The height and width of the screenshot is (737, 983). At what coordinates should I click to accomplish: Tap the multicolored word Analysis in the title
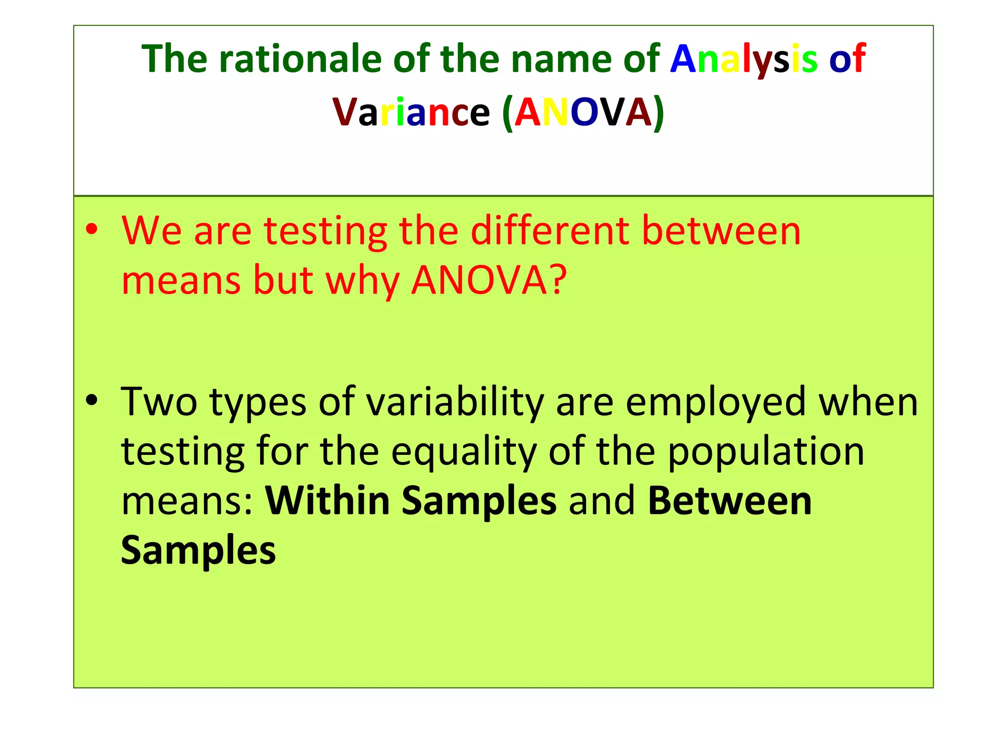pos(743,59)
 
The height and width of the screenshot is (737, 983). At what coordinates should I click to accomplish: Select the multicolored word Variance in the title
pos(411,112)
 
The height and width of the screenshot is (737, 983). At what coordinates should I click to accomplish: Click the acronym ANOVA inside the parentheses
pos(583,112)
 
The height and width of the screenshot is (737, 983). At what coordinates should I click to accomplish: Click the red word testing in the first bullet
pos(325,231)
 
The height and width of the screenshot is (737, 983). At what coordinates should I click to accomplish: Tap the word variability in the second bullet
pos(455,402)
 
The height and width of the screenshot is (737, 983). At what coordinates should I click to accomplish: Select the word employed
pos(715,402)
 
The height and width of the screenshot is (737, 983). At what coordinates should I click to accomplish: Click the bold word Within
pos(327,500)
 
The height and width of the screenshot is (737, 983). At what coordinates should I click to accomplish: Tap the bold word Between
pos(730,500)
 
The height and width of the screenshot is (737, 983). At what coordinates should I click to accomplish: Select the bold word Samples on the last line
pos(198,550)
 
